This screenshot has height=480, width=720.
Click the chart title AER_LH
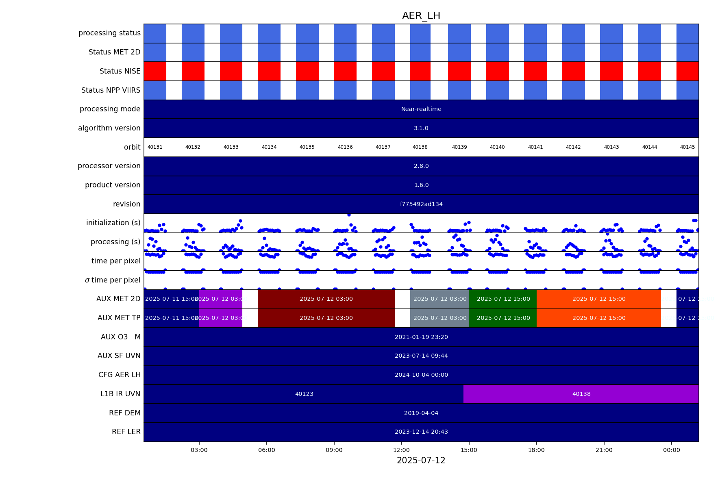421,16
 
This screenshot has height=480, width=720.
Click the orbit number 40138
420,147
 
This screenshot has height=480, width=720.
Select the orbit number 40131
155,147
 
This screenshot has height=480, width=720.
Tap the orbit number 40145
687,147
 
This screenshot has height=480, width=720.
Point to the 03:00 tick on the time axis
199,450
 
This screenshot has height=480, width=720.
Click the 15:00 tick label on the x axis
469,450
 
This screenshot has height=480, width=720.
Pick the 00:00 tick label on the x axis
671,450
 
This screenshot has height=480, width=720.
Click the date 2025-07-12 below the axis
421,460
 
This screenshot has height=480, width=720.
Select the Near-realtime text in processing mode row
421,109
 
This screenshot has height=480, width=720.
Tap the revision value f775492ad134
421,204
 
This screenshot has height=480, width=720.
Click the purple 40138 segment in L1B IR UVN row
581,394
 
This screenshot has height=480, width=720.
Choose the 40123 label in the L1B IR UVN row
304,394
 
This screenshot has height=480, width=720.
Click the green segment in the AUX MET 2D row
503,299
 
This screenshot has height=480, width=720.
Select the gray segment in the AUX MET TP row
439,318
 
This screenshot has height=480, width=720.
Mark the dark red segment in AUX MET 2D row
326,299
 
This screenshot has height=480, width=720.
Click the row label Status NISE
120,71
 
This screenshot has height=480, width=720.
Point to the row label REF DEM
124,413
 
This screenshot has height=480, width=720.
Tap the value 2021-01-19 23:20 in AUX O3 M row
421,337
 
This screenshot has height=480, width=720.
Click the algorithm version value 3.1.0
421,128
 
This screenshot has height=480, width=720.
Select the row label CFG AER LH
119,375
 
